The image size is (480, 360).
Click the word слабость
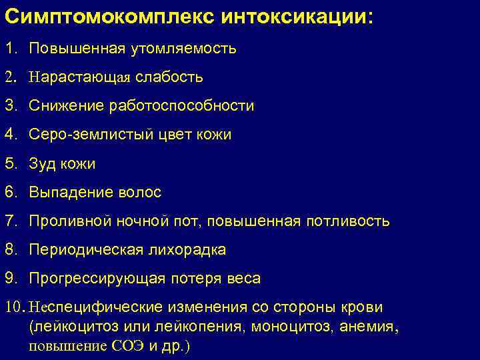(x=169, y=77)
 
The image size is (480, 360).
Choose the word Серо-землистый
(x=86, y=135)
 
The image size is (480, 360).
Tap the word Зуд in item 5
(x=43, y=164)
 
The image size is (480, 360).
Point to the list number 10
(x=14, y=307)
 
